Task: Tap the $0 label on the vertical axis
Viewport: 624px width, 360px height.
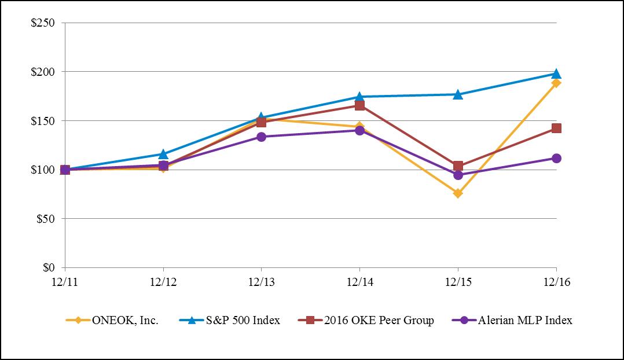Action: tap(49, 268)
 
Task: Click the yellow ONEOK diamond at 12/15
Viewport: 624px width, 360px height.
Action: tap(458, 193)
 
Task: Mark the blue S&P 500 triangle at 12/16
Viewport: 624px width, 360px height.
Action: tap(556, 74)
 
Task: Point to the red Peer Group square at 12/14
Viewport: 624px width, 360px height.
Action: tap(359, 105)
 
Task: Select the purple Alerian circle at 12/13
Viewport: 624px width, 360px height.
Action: tap(261, 137)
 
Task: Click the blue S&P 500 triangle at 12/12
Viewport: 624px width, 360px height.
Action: tap(163, 154)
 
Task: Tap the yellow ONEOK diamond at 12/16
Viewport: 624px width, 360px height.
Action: tap(556, 83)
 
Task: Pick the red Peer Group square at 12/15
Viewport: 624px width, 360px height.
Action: tap(458, 166)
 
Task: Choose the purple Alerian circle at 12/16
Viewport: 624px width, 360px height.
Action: tap(556, 158)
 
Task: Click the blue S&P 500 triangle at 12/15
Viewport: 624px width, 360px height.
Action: tap(458, 94)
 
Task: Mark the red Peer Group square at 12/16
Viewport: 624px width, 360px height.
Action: tap(556, 128)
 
